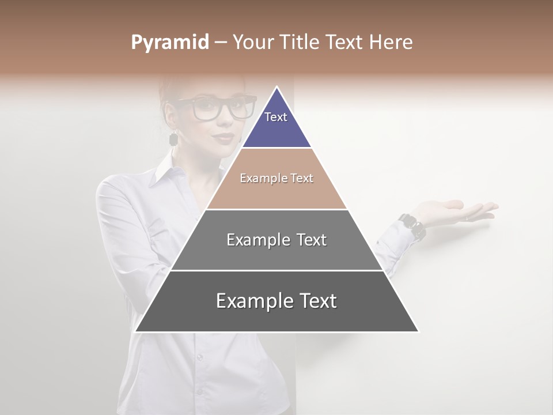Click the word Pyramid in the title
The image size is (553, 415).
click(x=169, y=43)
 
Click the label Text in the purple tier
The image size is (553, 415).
click(x=276, y=117)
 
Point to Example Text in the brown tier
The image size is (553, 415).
click(x=276, y=178)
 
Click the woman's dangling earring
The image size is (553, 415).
click(x=173, y=138)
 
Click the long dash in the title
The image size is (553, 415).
click(x=221, y=43)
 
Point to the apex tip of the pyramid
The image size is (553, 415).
click(x=276, y=88)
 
